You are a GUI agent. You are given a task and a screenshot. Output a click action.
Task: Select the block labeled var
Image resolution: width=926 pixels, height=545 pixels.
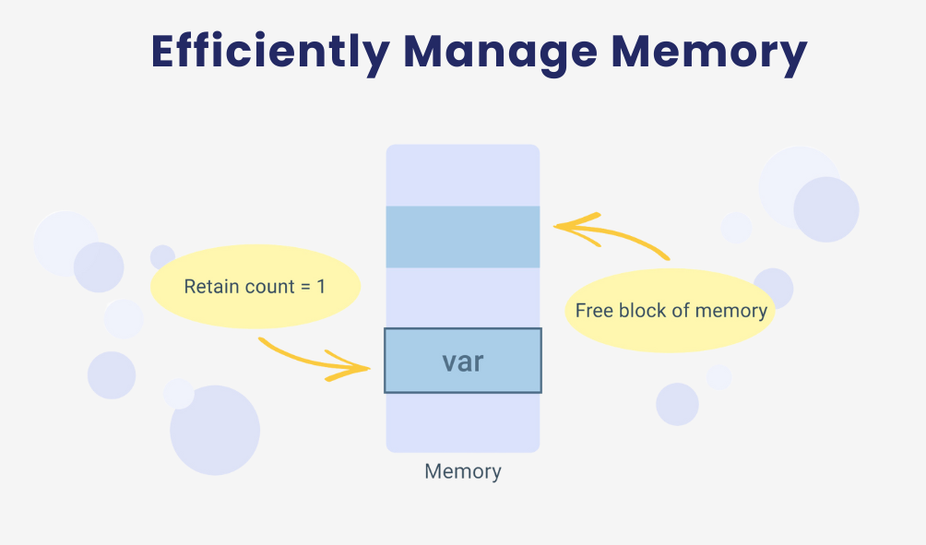click(463, 361)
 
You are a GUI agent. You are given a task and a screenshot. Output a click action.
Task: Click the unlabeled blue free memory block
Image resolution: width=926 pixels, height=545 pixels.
click(463, 237)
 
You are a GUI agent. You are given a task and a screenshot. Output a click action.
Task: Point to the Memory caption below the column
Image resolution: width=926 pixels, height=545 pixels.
click(463, 471)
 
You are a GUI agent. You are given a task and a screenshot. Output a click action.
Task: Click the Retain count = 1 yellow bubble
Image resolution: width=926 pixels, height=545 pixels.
click(255, 287)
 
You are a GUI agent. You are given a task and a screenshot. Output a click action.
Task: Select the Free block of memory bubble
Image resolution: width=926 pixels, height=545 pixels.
click(671, 310)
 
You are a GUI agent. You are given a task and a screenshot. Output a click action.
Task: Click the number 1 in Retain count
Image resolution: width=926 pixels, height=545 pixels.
click(321, 287)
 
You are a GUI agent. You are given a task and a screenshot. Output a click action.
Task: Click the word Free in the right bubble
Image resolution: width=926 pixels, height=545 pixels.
click(594, 311)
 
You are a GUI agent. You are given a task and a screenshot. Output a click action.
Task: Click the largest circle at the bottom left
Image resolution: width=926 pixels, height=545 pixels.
click(215, 431)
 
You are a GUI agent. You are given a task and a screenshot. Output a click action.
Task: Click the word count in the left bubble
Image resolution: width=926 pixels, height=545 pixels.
click(268, 287)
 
